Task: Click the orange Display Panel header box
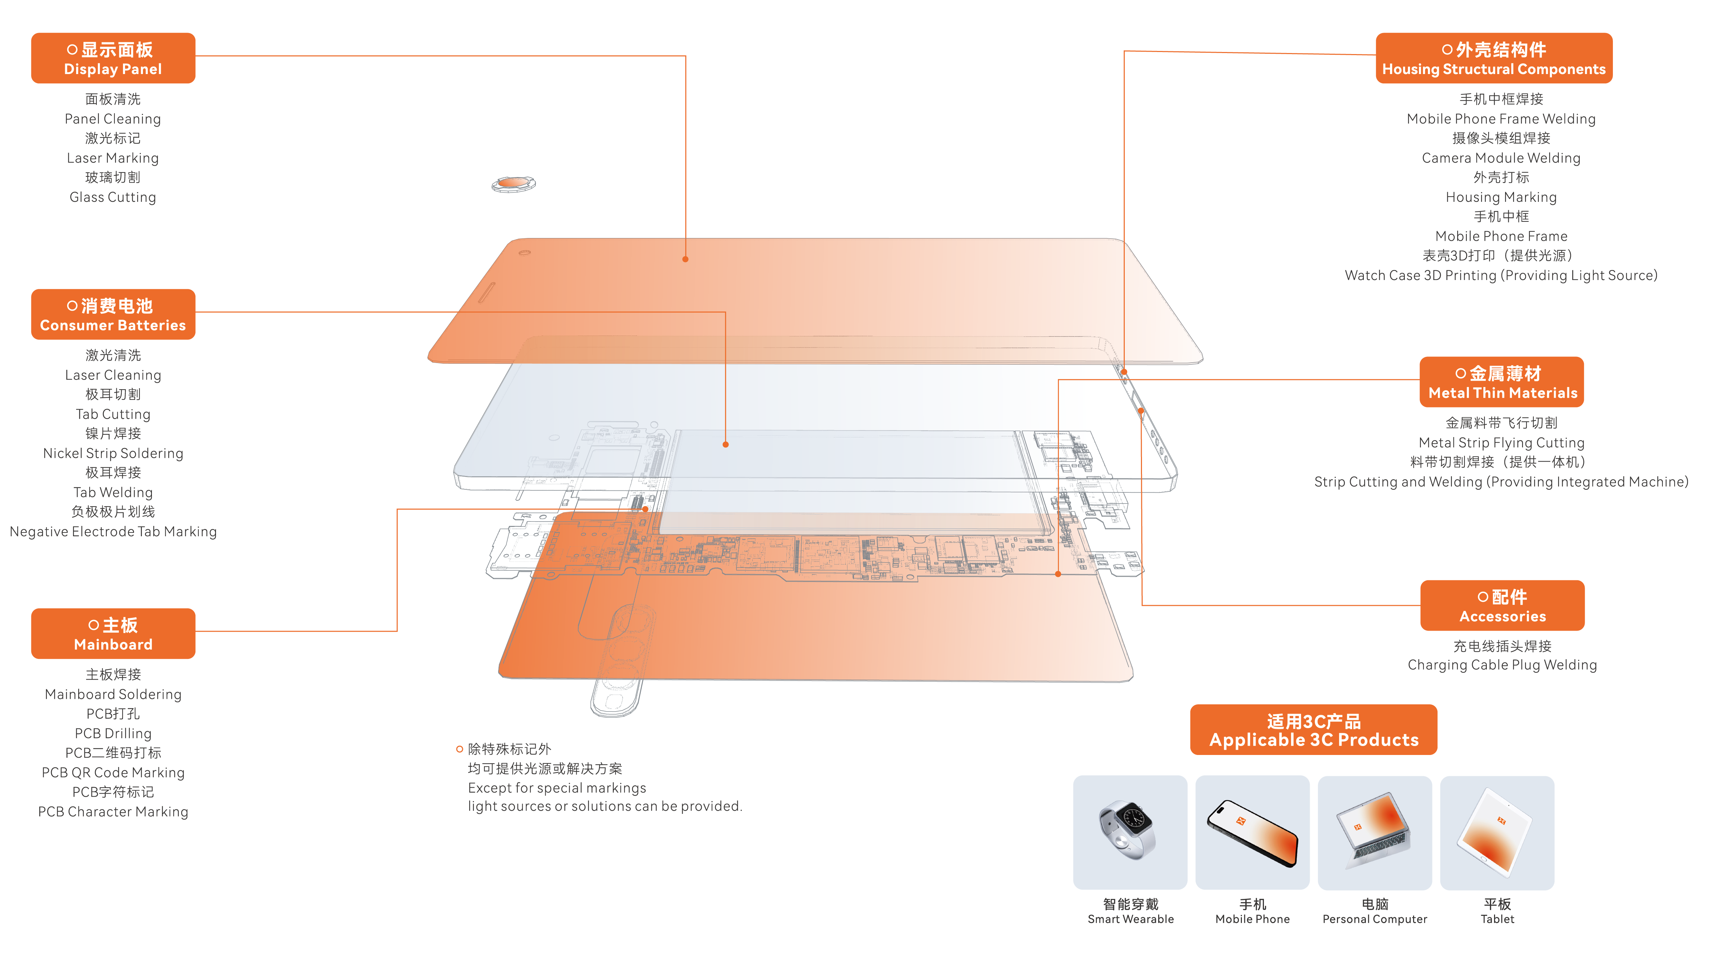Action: [x=113, y=58]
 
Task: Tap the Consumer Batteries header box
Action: [x=113, y=314]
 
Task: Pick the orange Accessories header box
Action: [x=1502, y=605]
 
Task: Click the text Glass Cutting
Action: [x=113, y=197]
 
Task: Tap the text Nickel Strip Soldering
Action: [x=113, y=453]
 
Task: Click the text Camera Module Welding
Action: [x=1501, y=158]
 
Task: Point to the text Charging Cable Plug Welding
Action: [x=1502, y=664]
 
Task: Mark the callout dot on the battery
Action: [x=725, y=444]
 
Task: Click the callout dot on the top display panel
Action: [x=685, y=259]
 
